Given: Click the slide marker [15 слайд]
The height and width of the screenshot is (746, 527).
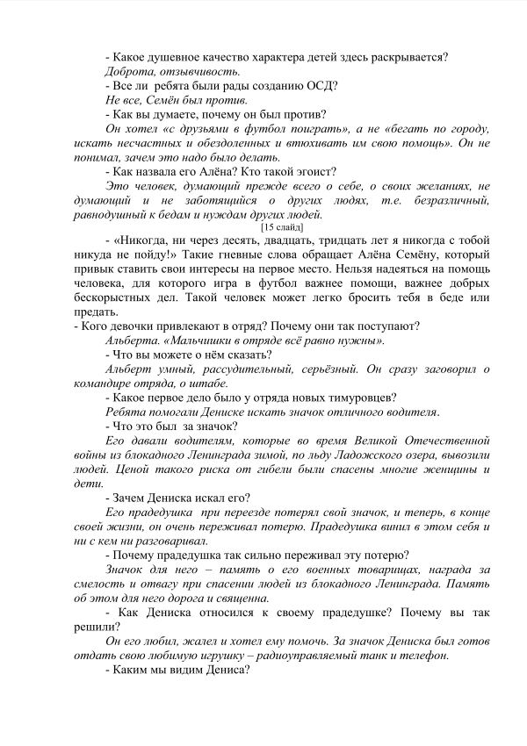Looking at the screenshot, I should (283, 226).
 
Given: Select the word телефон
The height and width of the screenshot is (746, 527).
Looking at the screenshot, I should (422, 656).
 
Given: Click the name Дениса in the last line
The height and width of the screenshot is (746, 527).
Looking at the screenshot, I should (224, 671).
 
